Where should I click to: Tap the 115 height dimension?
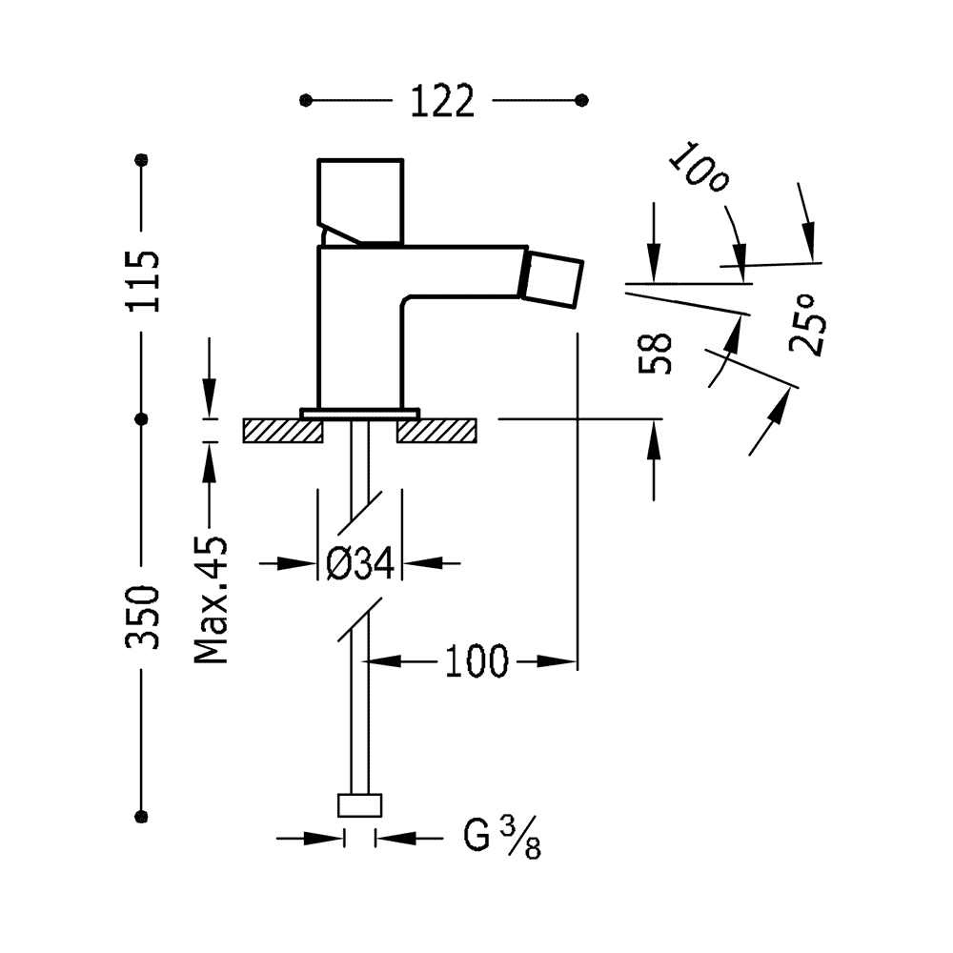point(143,282)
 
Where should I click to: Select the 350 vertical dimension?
point(143,618)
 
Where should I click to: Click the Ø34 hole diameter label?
point(359,565)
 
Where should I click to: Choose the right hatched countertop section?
point(436,430)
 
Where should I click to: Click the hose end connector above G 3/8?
point(360,806)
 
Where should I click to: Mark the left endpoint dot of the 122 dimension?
point(305,100)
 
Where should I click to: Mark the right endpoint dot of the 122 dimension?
point(583,100)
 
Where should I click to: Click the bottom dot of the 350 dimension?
point(143,816)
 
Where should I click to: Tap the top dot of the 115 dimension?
point(143,159)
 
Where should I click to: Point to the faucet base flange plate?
point(360,412)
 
